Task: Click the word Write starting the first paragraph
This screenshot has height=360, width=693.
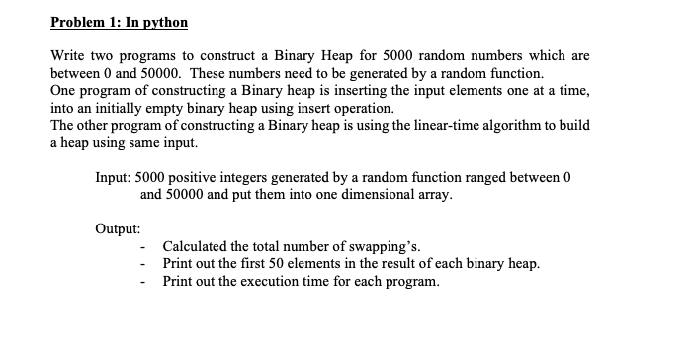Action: click(69, 58)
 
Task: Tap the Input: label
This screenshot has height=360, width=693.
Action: click(115, 178)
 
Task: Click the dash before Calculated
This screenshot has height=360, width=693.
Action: click(144, 246)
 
